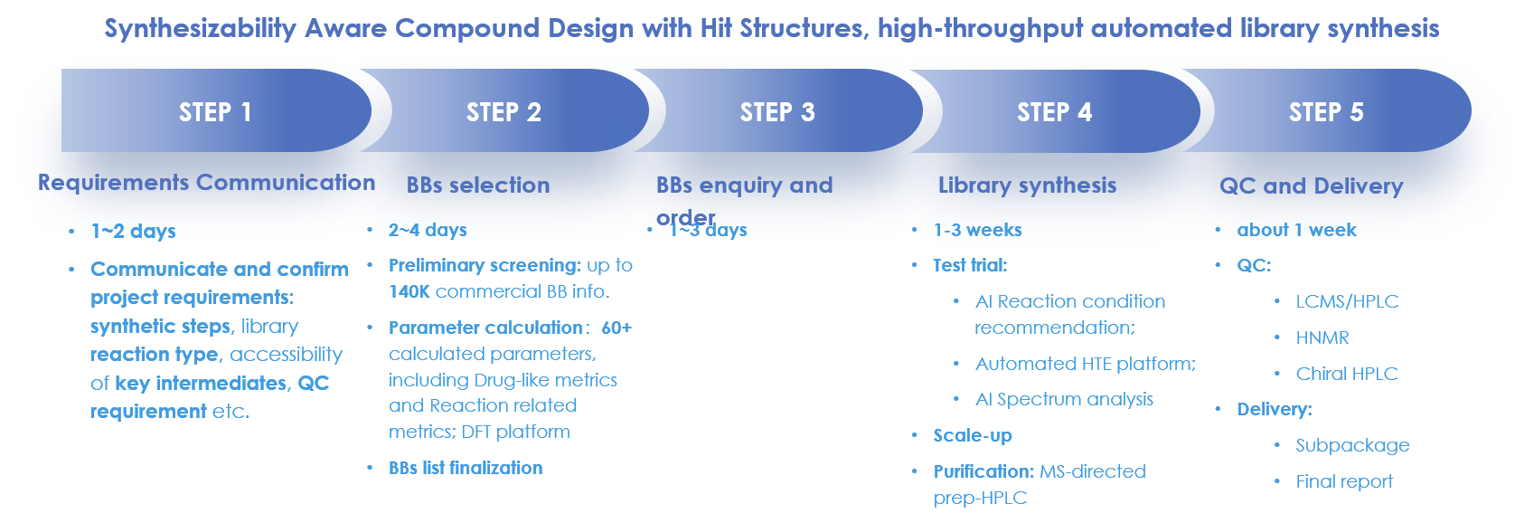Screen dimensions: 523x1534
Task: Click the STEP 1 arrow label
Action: pyautogui.click(x=215, y=112)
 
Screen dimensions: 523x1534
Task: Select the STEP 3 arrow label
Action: pyautogui.click(x=777, y=112)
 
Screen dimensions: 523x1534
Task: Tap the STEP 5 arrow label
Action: pyautogui.click(x=1326, y=112)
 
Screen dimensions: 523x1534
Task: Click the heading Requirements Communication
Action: pyautogui.click(x=206, y=183)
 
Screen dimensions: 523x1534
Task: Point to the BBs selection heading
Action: pyautogui.click(x=478, y=185)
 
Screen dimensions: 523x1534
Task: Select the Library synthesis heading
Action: pyautogui.click(x=1027, y=185)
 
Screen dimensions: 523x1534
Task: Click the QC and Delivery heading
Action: pyautogui.click(x=1311, y=186)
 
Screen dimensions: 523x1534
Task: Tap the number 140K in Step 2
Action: pyautogui.click(x=409, y=291)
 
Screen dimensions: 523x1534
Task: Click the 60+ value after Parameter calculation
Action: pyautogui.click(x=616, y=328)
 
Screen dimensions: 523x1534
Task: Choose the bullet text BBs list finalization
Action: pyautogui.click(x=466, y=468)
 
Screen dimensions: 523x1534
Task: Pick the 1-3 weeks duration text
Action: pyautogui.click(x=977, y=230)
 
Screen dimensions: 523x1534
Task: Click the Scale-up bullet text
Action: pyautogui.click(x=973, y=435)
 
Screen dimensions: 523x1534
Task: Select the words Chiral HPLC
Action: pyautogui.click(x=1346, y=374)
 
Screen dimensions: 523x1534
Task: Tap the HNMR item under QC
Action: pyautogui.click(x=1322, y=338)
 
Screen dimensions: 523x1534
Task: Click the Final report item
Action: pyautogui.click(x=1344, y=481)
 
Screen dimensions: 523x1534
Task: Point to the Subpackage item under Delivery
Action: pyautogui.click(x=1352, y=445)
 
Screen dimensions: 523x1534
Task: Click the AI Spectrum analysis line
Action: pyautogui.click(x=1064, y=399)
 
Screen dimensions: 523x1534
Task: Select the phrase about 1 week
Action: pyautogui.click(x=1296, y=230)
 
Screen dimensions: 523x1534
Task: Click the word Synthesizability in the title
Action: pyautogui.click(x=200, y=29)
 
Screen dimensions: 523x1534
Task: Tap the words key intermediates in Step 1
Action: pyautogui.click(x=201, y=384)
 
